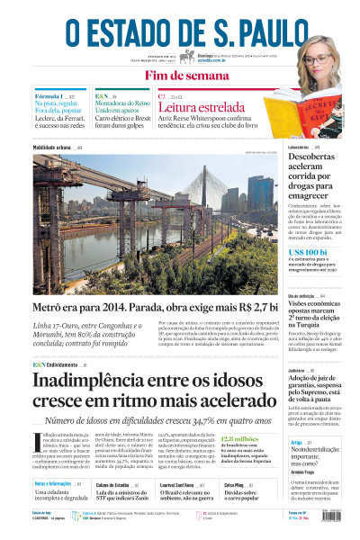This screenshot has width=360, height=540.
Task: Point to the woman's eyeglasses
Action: point(327,53)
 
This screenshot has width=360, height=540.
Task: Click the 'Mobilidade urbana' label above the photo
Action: point(54,148)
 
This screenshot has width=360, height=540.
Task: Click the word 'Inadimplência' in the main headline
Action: point(90,382)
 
